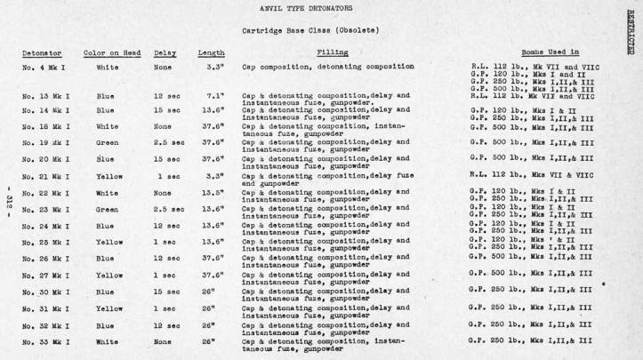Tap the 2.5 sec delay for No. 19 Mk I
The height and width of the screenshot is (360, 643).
click(x=167, y=141)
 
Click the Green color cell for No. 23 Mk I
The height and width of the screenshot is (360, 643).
click(x=106, y=210)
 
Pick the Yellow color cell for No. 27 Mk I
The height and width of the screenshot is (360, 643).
click(x=108, y=276)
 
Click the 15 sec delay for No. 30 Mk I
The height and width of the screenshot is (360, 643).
click(x=167, y=292)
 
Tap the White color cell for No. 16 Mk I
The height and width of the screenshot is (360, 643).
click(x=106, y=126)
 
